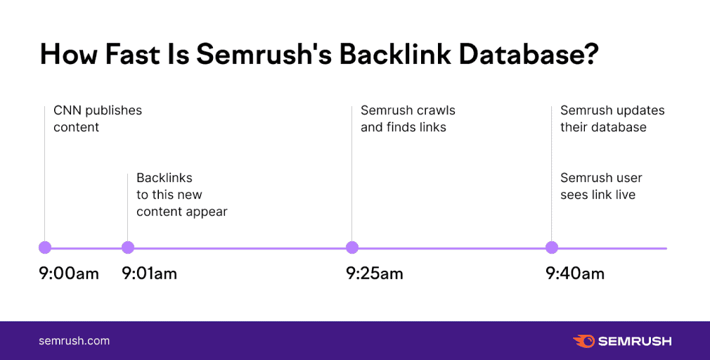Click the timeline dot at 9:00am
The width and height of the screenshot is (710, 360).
point(45,247)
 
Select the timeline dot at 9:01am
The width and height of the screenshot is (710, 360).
point(127,247)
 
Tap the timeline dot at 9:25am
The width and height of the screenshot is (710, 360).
point(352,247)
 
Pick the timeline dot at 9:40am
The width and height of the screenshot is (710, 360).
point(552,247)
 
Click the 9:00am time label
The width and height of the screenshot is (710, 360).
point(69,274)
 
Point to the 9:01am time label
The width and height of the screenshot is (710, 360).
point(149,274)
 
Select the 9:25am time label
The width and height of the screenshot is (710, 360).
point(374,274)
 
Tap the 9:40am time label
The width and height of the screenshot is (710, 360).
point(574,274)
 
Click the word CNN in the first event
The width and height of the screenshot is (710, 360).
point(67,110)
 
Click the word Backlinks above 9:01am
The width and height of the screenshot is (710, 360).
point(164,178)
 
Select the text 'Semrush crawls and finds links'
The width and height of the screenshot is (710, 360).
point(407,119)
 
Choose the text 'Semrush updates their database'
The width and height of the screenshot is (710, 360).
point(612,119)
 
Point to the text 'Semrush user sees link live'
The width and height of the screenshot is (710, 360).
point(600,186)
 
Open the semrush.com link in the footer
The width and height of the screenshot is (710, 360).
point(74,341)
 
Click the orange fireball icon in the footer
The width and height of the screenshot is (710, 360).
point(583,341)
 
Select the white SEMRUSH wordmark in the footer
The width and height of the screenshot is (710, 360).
point(635,341)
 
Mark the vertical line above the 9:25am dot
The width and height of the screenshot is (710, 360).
point(352,176)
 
